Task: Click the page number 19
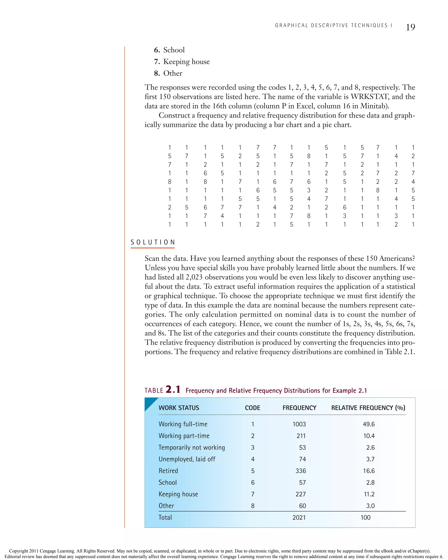pos(410,27)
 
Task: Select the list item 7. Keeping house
pos(182,62)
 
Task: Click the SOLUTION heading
pos(153,242)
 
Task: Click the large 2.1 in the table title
pos(173,389)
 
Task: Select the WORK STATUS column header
pos(179,408)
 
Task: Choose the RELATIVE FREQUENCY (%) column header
pos(368,408)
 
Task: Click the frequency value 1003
pos(299,424)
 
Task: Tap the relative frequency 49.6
pos(369,424)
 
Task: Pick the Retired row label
pos(168,471)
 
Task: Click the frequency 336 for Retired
pos(301,471)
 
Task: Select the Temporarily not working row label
pos(192,448)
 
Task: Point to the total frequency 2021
pos(299,517)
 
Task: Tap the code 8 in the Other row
pos(253,506)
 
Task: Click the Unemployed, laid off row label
pos(187,459)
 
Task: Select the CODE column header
pos(252,408)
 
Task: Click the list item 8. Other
pos(168,73)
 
